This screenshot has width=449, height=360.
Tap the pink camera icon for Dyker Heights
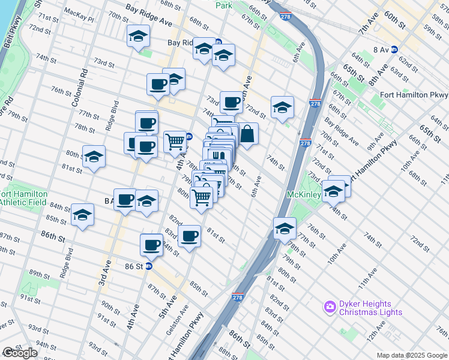pyautogui.click(x=329, y=307)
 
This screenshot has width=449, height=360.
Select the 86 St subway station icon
pyautogui.click(x=148, y=265)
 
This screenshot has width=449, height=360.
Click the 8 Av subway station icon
pyautogui.click(x=394, y=50)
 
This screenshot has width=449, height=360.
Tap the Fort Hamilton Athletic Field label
pyautogui.click(x=23, y=198)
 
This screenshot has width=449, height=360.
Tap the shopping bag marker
pyautogui.click(x=247, y=133)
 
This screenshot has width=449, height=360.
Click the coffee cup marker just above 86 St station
pyautogui.click(x=151, y=245)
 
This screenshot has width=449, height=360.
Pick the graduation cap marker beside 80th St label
pyautogui.click(x=94, y=157)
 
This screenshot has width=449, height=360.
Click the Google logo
pyautogui.click(x=20, y=353)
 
